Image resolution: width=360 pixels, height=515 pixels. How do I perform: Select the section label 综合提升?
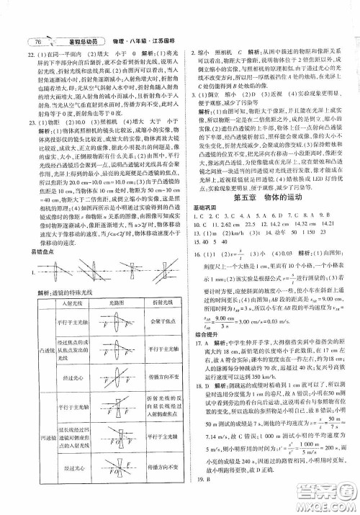coord(200,349)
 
